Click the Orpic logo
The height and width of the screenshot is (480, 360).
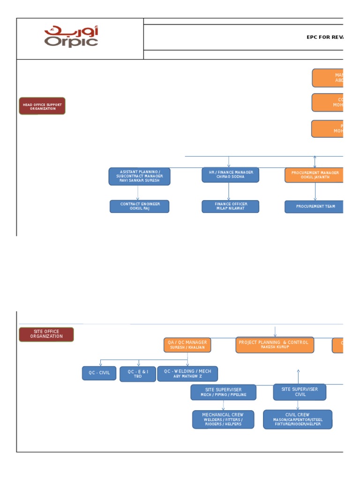tap(71, 37)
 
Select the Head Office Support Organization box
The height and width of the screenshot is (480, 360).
tap(42, 106)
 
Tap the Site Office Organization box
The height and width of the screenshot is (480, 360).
tap(46, 334)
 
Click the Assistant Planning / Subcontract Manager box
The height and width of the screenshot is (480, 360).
tap(140, 176)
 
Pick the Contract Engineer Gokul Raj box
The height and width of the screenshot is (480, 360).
tap(139, 206)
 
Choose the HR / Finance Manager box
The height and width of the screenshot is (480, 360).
tap(230, 175)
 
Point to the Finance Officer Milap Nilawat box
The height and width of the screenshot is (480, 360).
tap(230, 206)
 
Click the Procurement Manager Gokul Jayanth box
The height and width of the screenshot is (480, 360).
tap(314, 175)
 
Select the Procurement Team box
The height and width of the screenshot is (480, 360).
tap(314, 207)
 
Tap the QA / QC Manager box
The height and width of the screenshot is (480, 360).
tap(187, 345)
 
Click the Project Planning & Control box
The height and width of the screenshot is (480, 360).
tap(275, 345)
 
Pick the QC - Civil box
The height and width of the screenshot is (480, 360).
tap(99, 373)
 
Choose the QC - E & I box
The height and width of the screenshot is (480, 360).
tap(138, 374)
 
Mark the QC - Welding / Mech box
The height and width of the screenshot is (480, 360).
tap(187, 374)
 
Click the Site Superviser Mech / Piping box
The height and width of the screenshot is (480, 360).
tap(223, 392)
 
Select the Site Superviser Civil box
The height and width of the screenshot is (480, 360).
tap(300, 392)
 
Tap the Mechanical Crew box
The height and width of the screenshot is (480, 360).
tap(223, 420)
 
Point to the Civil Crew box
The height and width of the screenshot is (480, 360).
tap(297, 420)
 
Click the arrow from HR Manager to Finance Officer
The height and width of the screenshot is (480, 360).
tap(229, 191)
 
